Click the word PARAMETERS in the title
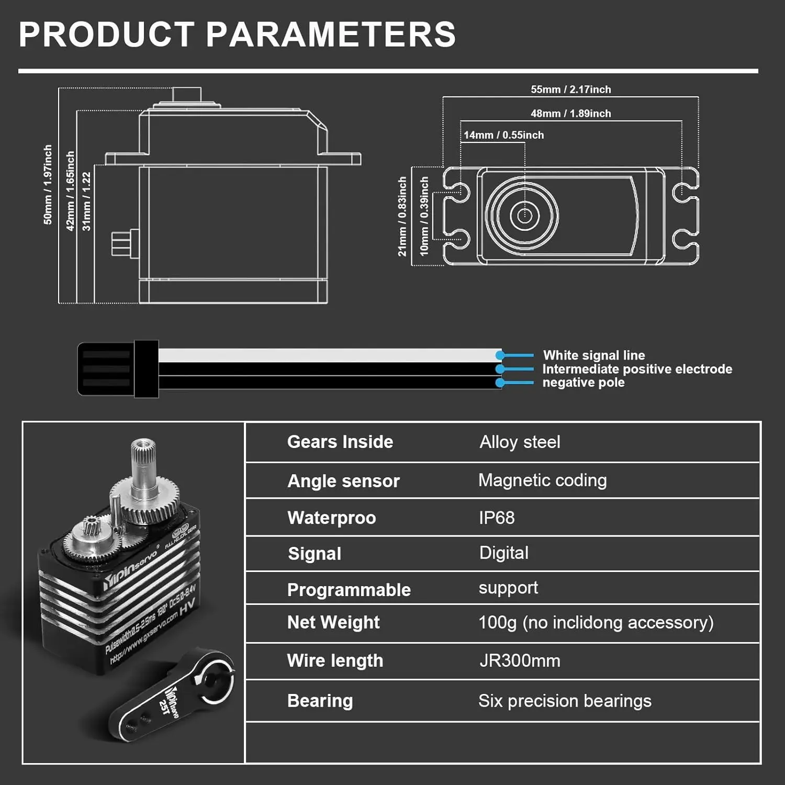[x=331, y=35]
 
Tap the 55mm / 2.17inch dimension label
[x=570, y=89]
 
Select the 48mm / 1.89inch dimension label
[x=570, y=114]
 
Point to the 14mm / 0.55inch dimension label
[x=503, y=135]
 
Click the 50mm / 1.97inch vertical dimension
[x=48, y=185]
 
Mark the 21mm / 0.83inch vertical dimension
[x=402, y=216]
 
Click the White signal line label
[x=593, y=355]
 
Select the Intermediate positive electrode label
[x=637, y=369]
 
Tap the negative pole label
[x=583, y=383]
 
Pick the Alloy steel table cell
[x=520, y=442]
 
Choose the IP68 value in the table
[x=497, y=518]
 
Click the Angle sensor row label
[x=343, y=481]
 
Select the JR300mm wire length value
[x=520, y=660]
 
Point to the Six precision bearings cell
[x=565, y=701]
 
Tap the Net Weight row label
[x=333, y=622]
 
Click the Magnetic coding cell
[x=542, y=480]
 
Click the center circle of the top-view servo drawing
[x=524, y=216]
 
